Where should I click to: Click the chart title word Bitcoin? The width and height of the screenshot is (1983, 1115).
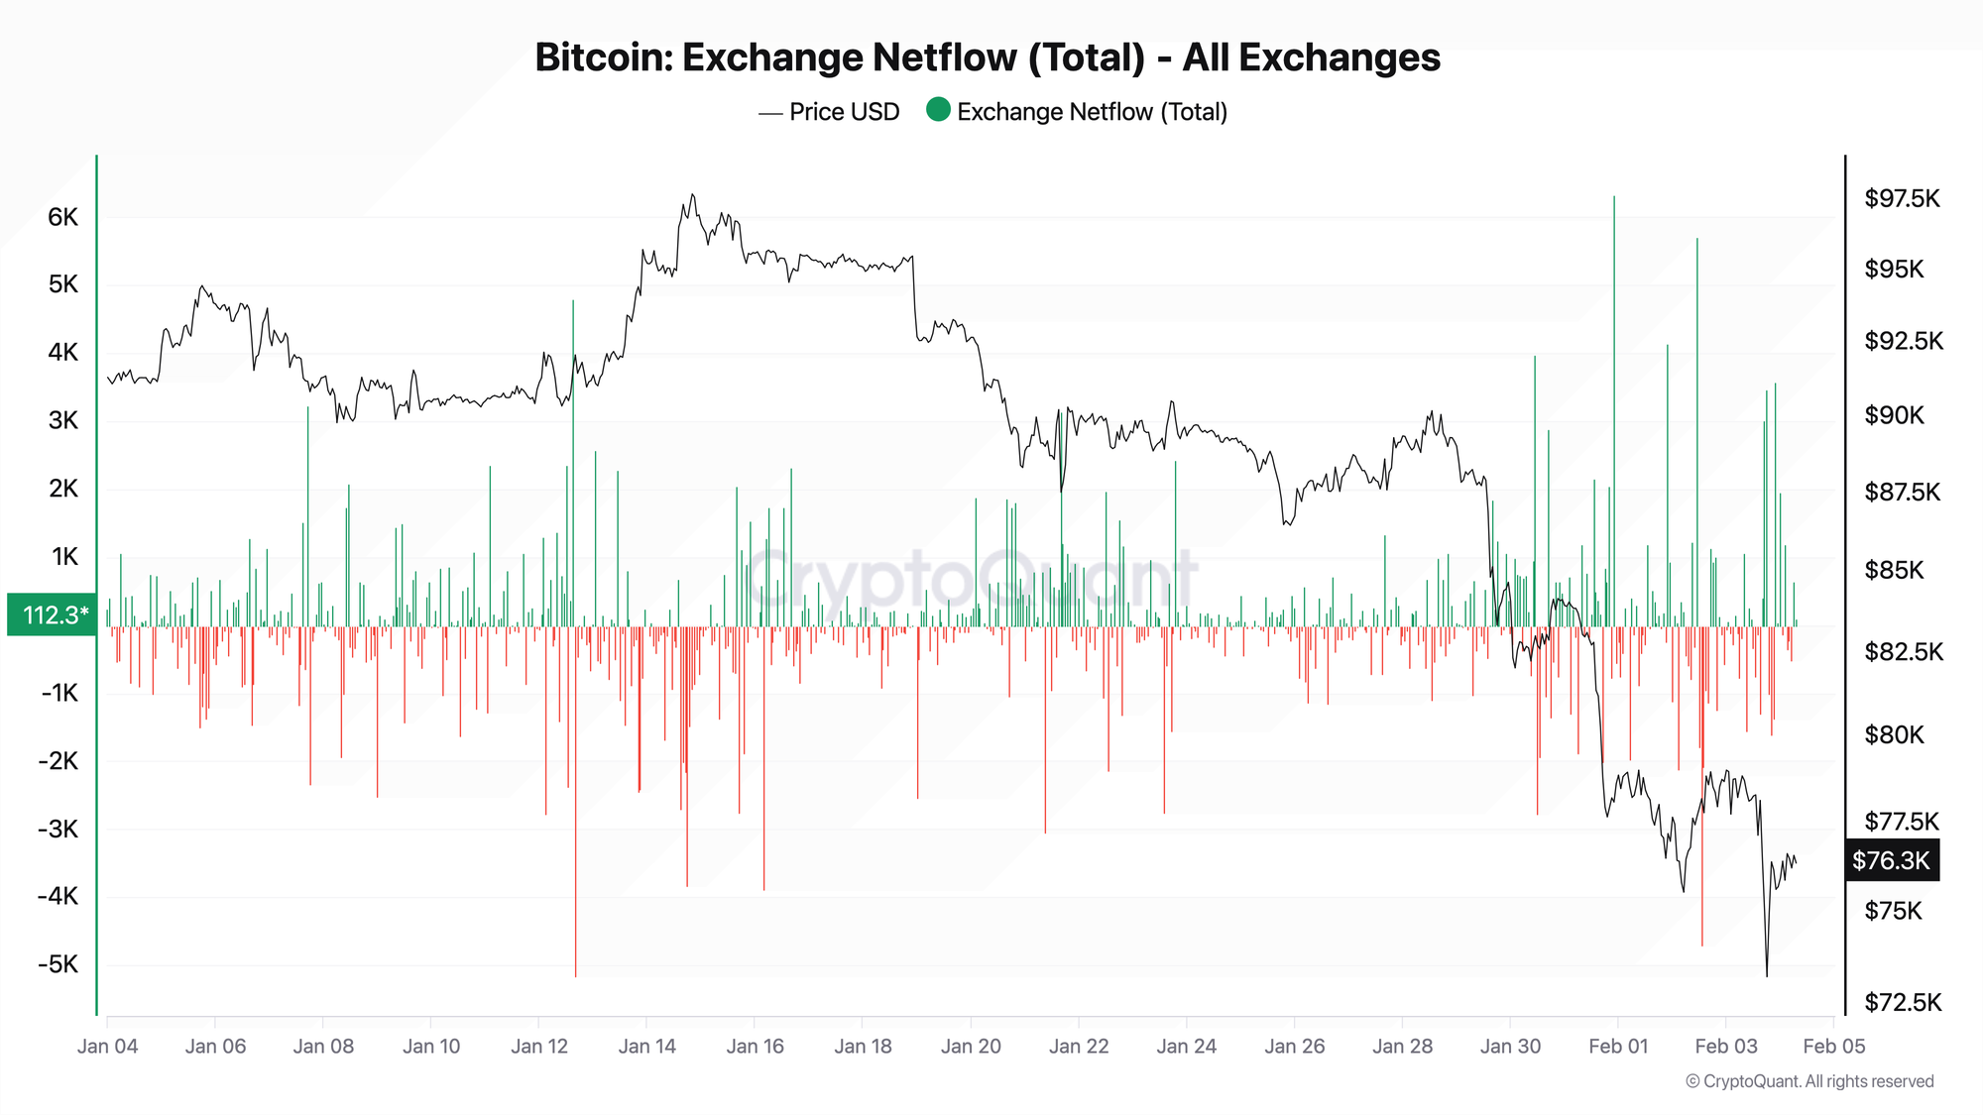[x=603, y=57]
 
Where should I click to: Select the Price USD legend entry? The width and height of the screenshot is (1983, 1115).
[x=843, y=112]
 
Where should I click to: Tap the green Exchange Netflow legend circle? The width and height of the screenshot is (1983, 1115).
[x=938, y=110]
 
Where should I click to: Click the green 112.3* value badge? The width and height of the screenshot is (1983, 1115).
[x=53, y=614]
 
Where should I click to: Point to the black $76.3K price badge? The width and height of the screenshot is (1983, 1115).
[x=1891, y=860]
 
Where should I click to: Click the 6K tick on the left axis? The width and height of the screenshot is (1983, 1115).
[x=62, y=217]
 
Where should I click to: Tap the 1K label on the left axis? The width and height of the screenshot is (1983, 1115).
[x=64, y=557]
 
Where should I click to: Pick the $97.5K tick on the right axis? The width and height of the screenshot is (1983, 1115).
[x=1902, y=198]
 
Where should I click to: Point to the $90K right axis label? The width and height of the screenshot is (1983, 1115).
[x=1894, y=415]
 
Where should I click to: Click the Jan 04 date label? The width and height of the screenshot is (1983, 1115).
[x=108, y=1046]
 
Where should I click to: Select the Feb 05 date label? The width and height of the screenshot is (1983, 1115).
[x=1833, y=1046]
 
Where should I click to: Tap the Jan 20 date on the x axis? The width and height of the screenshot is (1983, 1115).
[x=971, y=1046]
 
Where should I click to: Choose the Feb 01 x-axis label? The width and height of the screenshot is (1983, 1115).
[x=1618, y=1046]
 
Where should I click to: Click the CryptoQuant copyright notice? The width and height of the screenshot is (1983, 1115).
[x=1809, y=1081]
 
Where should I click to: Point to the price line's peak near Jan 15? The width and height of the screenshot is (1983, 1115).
[x=692, y=195]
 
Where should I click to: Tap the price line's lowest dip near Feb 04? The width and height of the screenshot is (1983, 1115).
[x=1766, y=975]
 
